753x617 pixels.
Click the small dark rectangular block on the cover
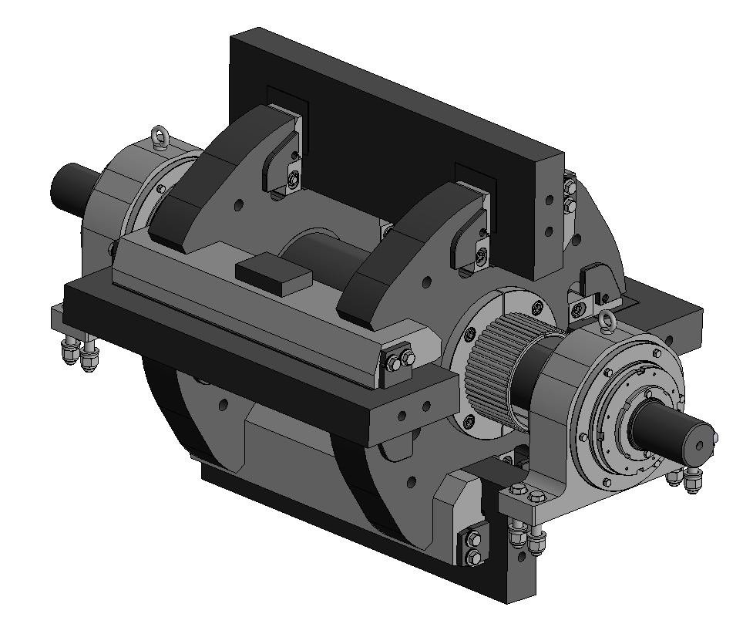pyautogui.click(x=273, y=274)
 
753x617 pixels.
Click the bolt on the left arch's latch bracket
pyautogui.click(x=293, y=180)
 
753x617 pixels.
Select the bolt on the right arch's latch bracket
pyautogui.click(x=481, y=254)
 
